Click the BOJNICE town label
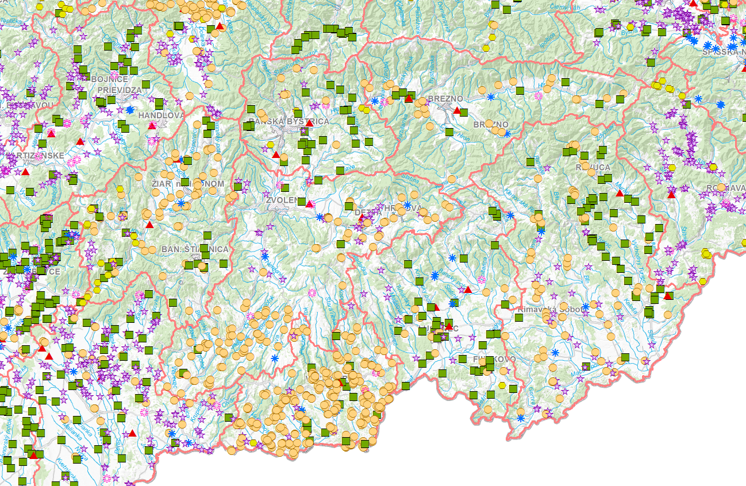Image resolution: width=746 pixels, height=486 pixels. click(109, 79)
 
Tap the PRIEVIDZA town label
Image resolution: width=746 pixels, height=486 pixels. click(119, 90)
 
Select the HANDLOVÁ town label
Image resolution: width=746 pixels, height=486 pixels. click(161, 115)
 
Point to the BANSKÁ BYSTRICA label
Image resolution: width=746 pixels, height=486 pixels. click(289, 122)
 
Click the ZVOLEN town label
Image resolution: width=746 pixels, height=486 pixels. click(282, 200)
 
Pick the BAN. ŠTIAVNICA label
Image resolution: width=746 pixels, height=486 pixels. click(195, 249)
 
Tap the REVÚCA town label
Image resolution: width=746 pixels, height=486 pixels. click(593, 167)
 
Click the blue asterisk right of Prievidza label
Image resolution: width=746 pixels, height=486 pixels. click(130, 110)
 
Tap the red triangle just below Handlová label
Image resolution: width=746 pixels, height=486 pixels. click(152, 125)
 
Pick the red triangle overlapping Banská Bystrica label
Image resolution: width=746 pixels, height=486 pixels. click(309, 122)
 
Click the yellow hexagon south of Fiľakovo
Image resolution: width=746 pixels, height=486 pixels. click(502, 385)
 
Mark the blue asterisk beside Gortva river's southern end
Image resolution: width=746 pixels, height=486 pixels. click(521, 418)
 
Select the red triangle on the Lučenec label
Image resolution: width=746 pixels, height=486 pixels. click(448, 326)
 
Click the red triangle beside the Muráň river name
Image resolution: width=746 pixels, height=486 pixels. click(620, 193)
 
